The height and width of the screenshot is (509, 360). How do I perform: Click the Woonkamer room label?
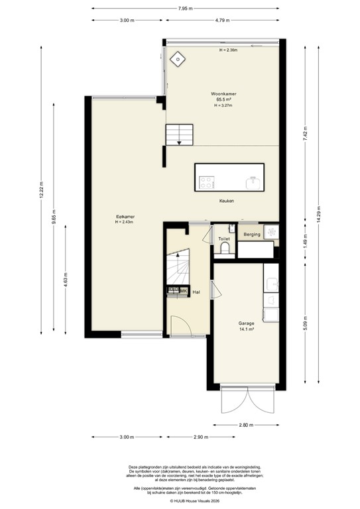[x=225, y=95]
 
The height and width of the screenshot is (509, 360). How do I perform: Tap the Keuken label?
[x=227, y=201]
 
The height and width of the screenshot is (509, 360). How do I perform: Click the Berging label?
[x=251, y=235]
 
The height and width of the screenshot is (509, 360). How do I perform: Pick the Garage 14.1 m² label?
[x=247, y=327]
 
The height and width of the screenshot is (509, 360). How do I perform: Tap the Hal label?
[x=196, y=291]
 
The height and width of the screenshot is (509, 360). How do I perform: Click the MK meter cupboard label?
[x=182, y=290]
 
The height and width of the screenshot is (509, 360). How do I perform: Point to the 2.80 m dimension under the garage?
[x=246, y=425]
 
